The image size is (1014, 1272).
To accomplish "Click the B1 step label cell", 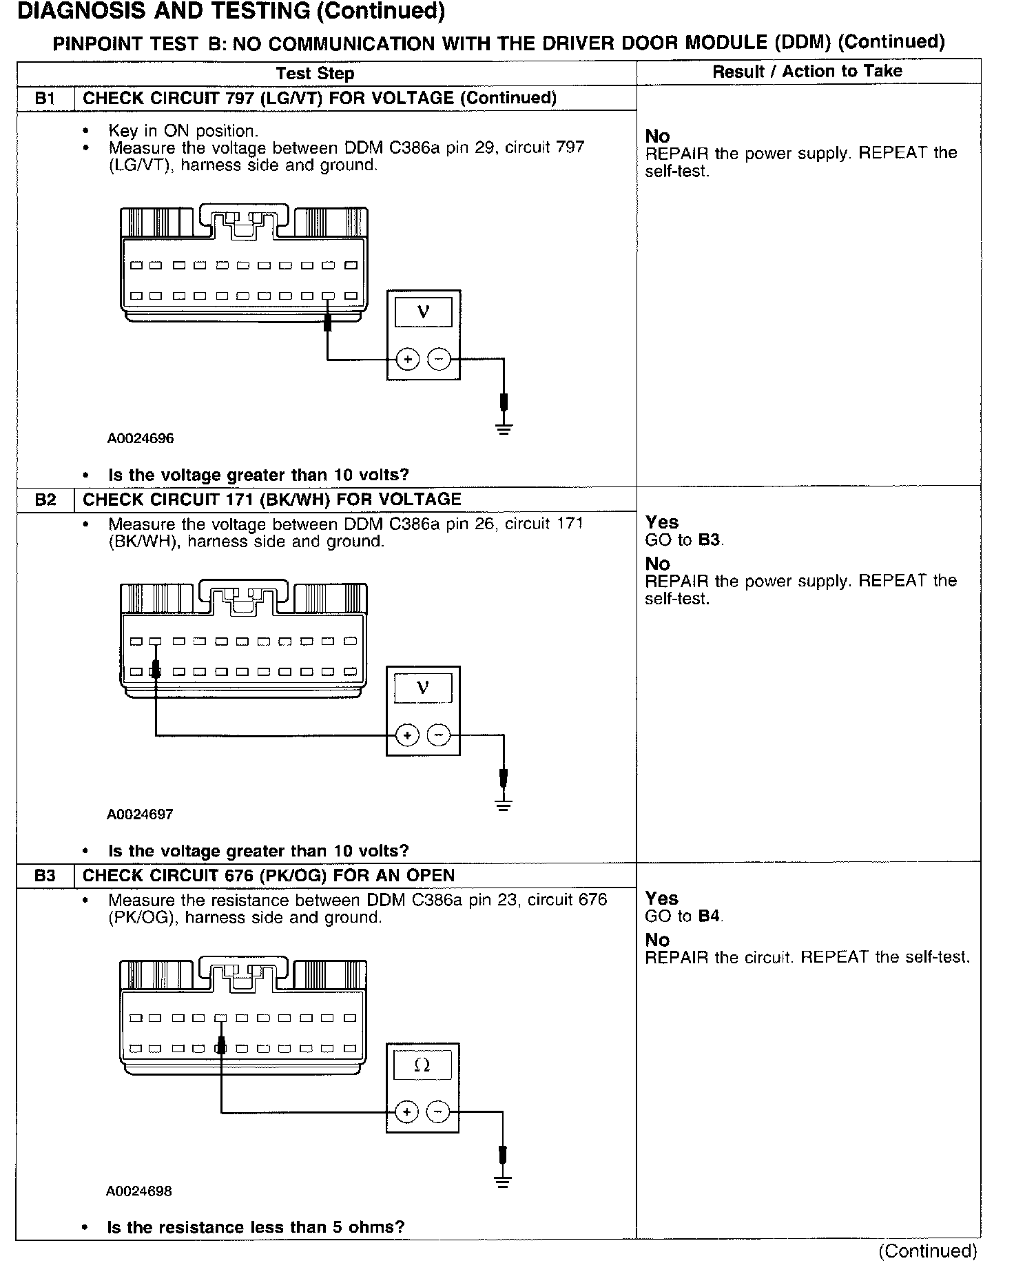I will tap(45, 99).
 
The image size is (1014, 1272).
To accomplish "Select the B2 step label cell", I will tap(45, 500).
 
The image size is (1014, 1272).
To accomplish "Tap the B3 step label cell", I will tap(45, 876).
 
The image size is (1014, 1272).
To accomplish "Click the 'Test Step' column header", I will tap(315, 73).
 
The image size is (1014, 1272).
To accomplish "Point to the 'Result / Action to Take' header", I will tap(807, 71).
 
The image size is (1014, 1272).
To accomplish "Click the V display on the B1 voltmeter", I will tap(423, 312).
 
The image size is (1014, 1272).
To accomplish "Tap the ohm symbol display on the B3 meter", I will tap(422, 1065).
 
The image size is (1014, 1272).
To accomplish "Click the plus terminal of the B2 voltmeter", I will tap(408, 736).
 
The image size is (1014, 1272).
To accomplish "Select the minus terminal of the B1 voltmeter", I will tap(439, 359).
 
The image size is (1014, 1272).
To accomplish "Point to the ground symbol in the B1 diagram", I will tap(504, 429).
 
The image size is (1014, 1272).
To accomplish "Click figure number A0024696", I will tap(141, 438).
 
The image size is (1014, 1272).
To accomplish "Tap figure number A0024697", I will tap(140, 814).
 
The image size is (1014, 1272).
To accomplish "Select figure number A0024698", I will tap(139, 1191).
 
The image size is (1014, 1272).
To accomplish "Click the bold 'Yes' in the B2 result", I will tap(662, 522).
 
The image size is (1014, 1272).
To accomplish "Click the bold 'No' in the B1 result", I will tap(657, 136).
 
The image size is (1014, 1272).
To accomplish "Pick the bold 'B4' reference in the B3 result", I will tap(710, 916).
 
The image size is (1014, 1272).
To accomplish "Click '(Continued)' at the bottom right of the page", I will tap(928, 1251).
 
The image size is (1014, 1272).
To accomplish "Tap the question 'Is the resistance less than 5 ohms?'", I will tap(256, 1227).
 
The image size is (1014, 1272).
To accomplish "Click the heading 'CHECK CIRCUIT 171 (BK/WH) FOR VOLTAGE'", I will tap(272, 500).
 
